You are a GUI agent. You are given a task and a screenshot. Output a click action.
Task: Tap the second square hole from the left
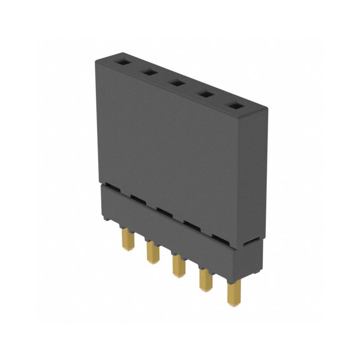coord(150,72)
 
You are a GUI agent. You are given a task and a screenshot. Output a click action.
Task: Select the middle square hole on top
coord(177,83)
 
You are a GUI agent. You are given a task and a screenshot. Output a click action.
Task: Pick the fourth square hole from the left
coord(206,94)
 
